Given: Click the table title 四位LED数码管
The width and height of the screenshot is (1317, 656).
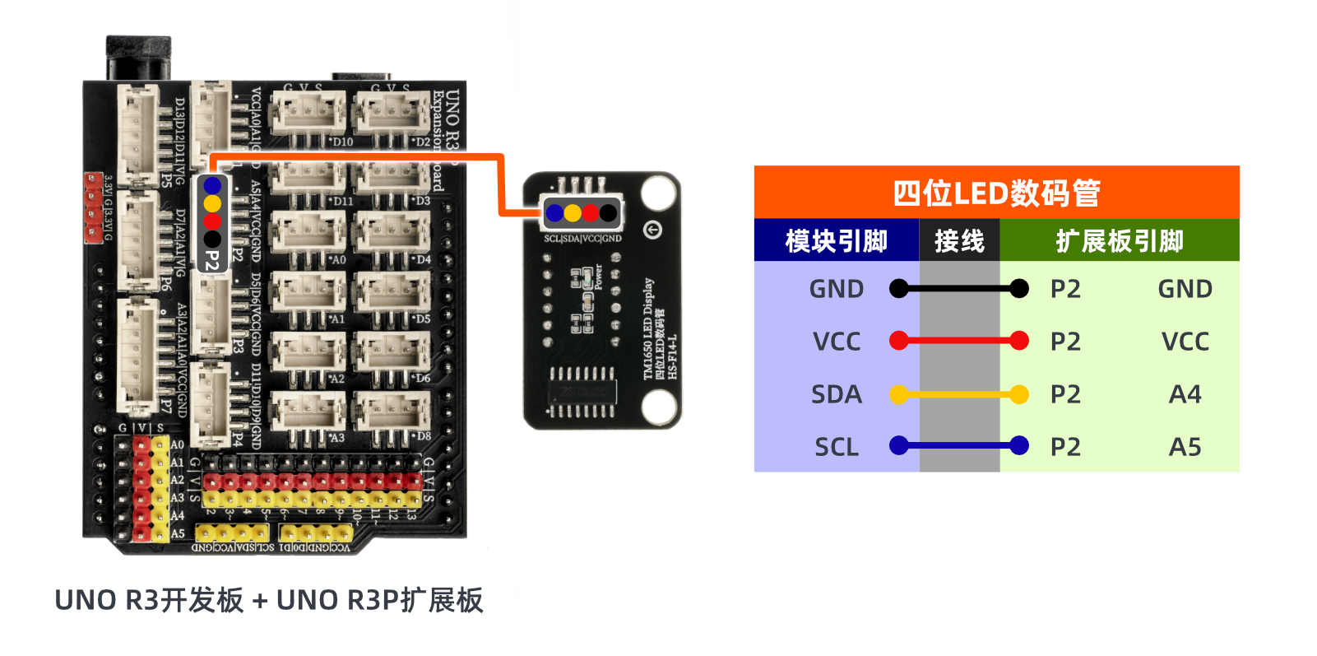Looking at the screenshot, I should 996,193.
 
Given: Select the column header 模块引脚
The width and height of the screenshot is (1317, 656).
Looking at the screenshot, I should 836,241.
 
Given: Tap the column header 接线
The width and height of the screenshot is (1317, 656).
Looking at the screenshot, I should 959,241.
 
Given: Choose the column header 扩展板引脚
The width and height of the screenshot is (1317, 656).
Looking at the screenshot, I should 1119,241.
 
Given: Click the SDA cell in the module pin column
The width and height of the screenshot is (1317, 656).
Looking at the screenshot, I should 837,394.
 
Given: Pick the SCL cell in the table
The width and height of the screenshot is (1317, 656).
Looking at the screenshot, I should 837,447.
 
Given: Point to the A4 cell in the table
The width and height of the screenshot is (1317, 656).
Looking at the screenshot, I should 1185,394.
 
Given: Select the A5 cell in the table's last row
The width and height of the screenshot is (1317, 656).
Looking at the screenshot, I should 1185,447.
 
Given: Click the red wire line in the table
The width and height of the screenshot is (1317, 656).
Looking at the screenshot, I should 959,341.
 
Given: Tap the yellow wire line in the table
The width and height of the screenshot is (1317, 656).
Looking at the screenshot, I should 959,394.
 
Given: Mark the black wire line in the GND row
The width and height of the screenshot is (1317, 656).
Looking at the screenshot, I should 959,289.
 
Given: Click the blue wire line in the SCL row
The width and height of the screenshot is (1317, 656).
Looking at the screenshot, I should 959,446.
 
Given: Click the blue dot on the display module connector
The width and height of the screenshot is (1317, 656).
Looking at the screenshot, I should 554,213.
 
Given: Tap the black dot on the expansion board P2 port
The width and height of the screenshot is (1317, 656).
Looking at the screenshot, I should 212,240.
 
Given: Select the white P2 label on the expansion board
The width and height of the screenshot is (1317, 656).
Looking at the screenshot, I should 212,261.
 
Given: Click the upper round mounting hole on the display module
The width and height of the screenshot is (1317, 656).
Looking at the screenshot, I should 658,192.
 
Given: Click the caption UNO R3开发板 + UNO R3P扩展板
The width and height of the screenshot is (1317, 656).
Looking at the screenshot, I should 268,600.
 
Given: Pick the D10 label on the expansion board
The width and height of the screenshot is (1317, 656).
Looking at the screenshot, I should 342,142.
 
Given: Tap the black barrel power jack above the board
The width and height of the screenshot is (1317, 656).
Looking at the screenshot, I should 138,58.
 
